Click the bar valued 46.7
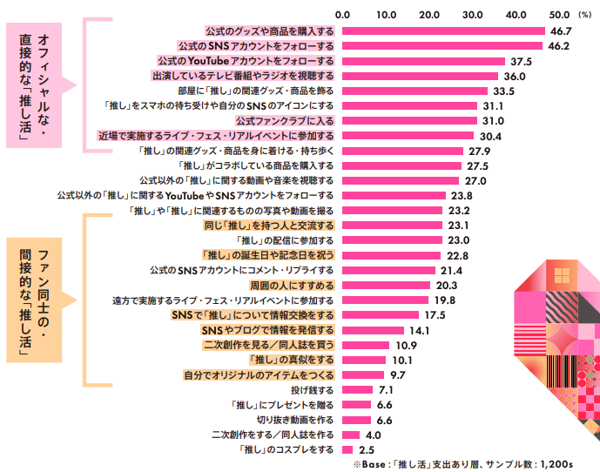pos(442,31)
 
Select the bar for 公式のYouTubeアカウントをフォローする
pos(423,61)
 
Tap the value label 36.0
pos(514,76)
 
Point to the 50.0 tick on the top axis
pos(560,14)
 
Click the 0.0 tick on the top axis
pos(342,14)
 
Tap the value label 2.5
pos(367,449)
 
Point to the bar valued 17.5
pos(380,314)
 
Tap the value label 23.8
pos(459,195)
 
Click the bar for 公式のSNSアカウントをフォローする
pos(442,46)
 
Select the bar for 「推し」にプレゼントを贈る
pos(356,404)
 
